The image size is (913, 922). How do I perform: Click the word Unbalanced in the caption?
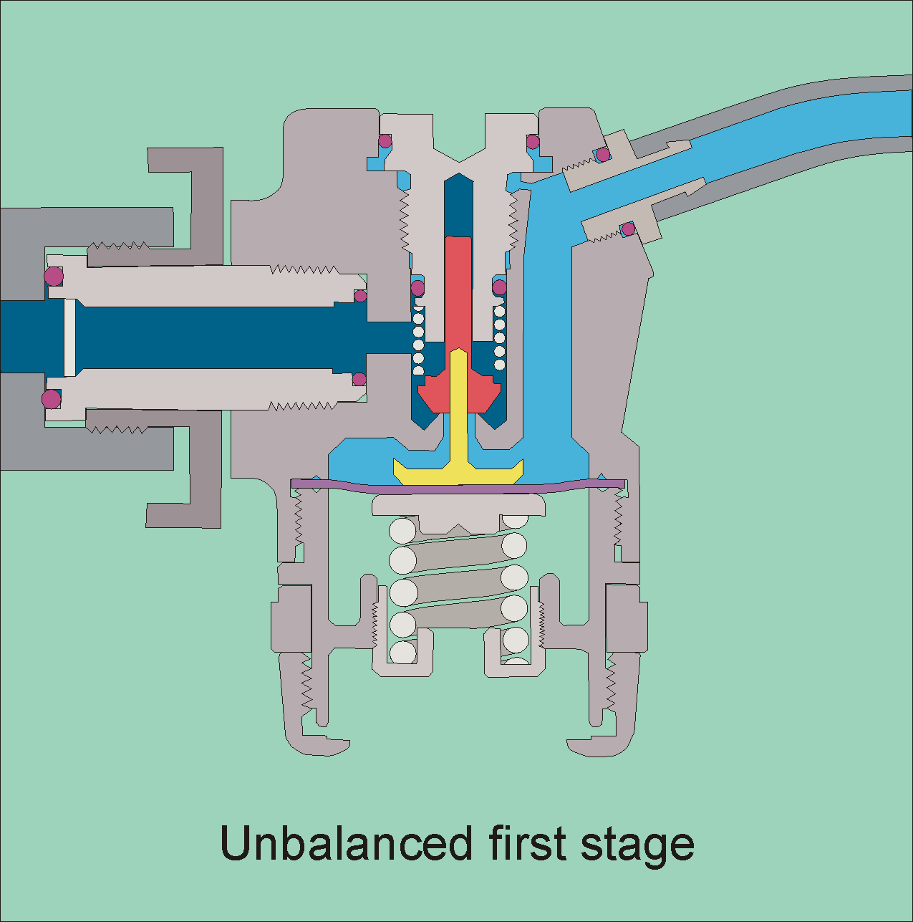(x=346, y=843)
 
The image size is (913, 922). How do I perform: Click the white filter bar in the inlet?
(x=69, y=337)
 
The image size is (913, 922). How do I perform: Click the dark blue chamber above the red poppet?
(x=458, y=204)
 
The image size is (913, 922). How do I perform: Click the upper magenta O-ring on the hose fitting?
(x=604, y=155)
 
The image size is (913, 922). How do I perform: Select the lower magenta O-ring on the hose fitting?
(x=628, y=229)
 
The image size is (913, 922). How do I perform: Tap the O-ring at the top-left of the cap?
(x=385, y=140)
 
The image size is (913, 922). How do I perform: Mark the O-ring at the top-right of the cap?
(x=533, y=141)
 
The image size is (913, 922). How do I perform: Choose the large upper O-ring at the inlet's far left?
(x=53, y=276)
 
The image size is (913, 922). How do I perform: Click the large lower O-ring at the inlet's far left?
(x=51, y=398)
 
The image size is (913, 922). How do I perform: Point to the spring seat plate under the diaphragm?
(x=458, y=506)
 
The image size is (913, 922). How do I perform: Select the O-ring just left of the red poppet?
(x=417, y=288)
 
